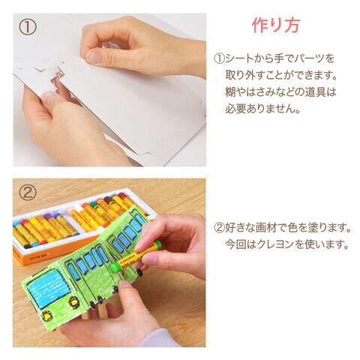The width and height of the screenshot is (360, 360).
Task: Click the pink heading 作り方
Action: (x=275, y=25)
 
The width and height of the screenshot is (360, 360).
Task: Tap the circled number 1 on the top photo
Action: (x=28, y=28)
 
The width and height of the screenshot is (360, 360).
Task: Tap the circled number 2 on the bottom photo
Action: (x=28, y=192)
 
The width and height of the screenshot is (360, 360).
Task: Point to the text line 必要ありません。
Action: (x=262, y=109)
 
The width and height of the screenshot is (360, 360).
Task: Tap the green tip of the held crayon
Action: (x=114, y=266)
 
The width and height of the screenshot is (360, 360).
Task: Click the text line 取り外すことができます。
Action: (x=281, y=75)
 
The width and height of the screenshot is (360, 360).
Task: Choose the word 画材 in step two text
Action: (x=265, y=228)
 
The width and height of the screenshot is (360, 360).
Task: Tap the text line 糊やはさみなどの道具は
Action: (x=280, y=92)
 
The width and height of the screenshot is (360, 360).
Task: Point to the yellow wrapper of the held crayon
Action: (x=132, y=257)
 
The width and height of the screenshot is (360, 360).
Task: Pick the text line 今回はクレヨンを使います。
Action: (x=287, y=244)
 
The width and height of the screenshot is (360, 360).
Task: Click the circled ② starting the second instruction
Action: (x=219, y=228)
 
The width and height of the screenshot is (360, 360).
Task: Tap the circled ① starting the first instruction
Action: (x=219, y=59)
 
